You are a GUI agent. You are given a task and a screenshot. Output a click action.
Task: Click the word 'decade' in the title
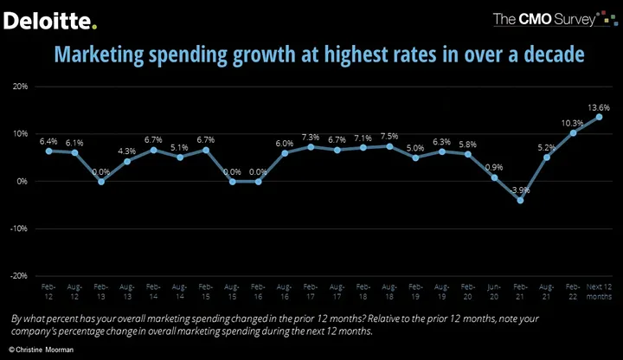(549, 55)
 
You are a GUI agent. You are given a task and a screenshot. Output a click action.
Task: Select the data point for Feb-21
(519, 200)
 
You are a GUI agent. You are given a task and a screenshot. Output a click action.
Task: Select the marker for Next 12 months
(599, 117)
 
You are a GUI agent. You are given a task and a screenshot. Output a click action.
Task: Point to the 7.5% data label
(389, 135)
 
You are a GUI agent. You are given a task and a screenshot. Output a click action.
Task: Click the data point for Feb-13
(101, 182)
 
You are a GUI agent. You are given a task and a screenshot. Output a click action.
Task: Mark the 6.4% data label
(48, 140)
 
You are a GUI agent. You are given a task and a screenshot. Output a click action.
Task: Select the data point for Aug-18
(389, 146)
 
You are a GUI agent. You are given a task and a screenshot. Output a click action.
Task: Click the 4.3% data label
(126, 151)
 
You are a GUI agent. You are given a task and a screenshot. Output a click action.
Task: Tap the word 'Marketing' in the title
(97, 55)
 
